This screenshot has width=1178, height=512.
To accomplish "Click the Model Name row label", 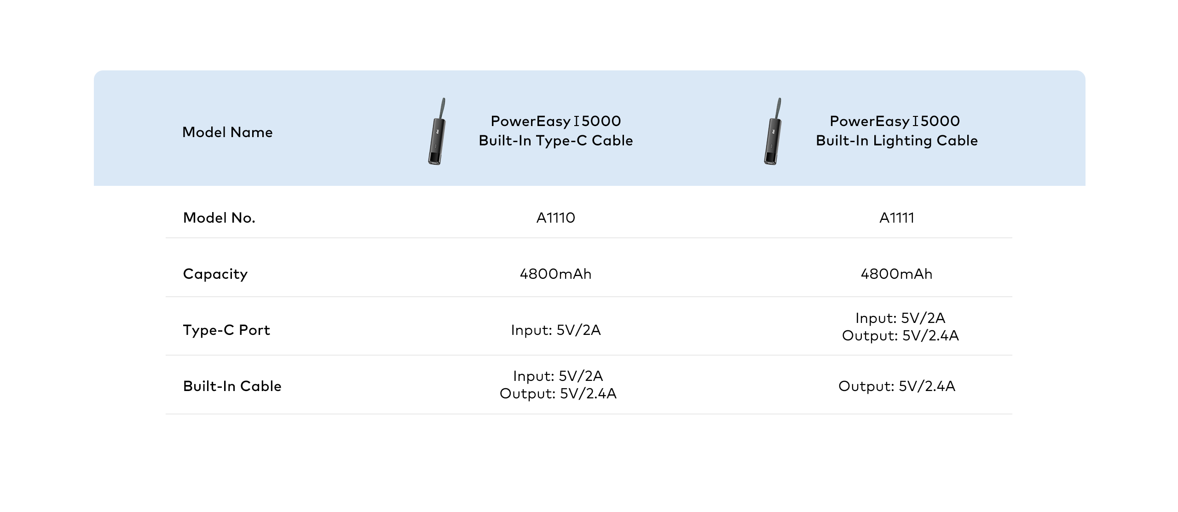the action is click(x=227, y=132).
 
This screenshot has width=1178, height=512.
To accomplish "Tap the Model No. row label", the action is click(x=219, y=218).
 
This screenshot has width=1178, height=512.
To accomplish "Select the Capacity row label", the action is click(x=215, y=274).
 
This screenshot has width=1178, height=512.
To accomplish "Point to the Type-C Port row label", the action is click(x=226, y=330).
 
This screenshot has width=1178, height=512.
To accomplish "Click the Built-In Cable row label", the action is click(x=232, y=386).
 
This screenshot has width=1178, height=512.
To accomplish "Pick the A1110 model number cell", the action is click(x=555, y=218).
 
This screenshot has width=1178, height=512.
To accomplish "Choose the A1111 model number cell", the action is click(x=896, y=218).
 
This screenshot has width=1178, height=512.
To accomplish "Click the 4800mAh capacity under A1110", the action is click(x=555, y=274).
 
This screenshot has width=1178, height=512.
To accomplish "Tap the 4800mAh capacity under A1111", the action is click(x=896, y=274).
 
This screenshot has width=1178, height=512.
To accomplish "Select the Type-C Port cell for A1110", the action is click(x=555, y=330).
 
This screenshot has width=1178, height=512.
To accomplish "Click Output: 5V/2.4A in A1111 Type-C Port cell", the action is click(x=900, y=336).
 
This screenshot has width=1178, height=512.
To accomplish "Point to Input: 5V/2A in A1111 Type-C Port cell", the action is click(x=900, y=318).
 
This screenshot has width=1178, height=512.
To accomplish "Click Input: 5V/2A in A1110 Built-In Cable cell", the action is click(x=558, y=376).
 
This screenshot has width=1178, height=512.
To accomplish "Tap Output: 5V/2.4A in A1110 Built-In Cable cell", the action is click(x=558, y=394).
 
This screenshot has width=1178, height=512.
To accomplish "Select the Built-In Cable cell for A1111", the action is click(x=896, y=386).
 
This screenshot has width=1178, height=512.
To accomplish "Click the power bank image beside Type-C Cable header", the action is click(x=437, y=132).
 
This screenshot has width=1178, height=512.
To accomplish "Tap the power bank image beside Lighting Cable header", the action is click(x=773, y=132).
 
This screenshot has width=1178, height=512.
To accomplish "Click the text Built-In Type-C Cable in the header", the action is click(x=555, y=141).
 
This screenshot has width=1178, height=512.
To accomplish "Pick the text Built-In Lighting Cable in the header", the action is click(x=896, y=141).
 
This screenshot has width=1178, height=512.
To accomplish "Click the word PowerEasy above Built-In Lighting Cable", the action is click(x=869, y=121).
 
